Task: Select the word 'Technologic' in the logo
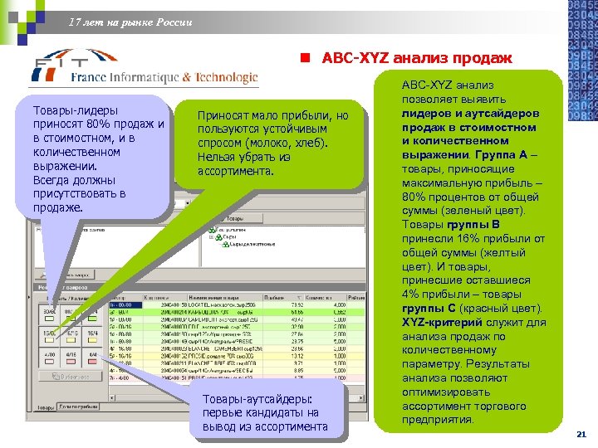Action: pos(226,77)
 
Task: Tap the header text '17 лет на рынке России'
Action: pos(130,22)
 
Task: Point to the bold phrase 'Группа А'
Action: pos(513,153)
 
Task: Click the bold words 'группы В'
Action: pos(473,224)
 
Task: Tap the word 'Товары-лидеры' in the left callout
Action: pos(74,110)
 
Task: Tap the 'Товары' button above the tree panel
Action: pos(225,218)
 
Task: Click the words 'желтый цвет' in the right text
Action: pos(461,252)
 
